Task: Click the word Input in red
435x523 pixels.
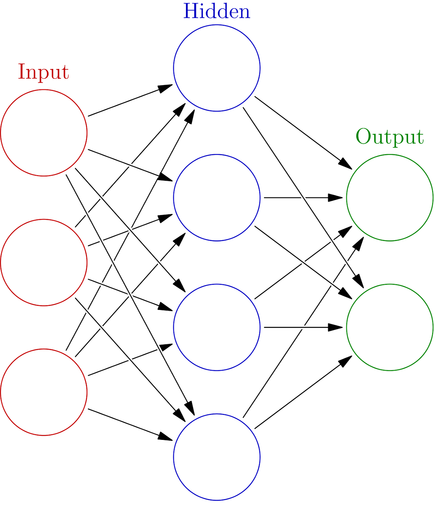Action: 43,72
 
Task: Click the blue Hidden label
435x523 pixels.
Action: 216,11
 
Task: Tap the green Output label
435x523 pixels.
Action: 389,137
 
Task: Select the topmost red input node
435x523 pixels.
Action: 44,132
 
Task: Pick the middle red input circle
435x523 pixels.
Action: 44,262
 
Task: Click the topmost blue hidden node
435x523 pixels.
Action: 217,68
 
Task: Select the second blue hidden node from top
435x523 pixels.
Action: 217,197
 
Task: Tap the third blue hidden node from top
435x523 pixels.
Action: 217,327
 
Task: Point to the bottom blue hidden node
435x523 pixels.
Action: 217,457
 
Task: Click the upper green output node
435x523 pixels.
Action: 390,197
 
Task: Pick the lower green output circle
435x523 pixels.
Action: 390,327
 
